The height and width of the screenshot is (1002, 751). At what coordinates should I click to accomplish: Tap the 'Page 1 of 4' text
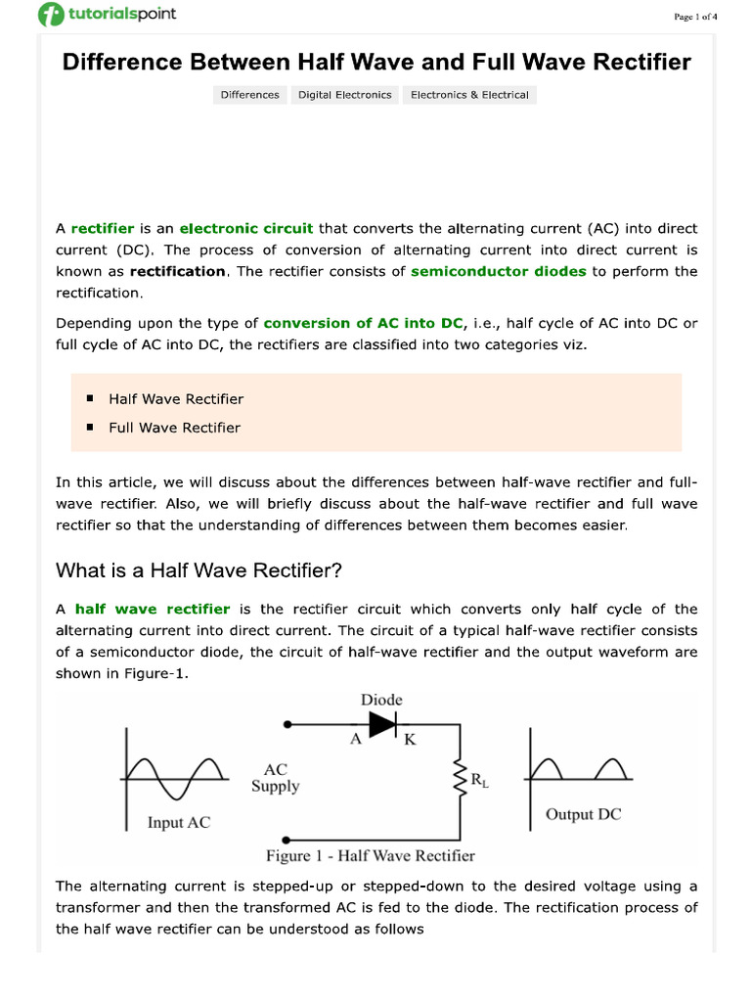pyautogui.click(x=695, y=16)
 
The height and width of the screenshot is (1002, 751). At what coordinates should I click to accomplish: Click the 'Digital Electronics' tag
pyautogui.click(x=344, y=95)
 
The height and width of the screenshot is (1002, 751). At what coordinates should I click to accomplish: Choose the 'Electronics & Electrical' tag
pyautogui.click(x=469, y=95)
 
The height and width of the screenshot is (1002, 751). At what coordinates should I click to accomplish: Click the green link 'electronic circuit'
pyautogui.click(x=246, y=228)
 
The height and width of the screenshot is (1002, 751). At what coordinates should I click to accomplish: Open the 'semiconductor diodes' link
pyautogui.click(x=499, y=271)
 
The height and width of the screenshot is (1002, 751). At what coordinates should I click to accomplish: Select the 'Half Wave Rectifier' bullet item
pyautogui.click(x=176, y=399)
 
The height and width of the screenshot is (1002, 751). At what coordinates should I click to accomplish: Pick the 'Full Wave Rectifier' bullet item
pyautogui.click(x=174, y=428)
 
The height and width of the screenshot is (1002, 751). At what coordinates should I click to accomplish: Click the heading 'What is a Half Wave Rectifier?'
pyautogui.click(x=199, y=570)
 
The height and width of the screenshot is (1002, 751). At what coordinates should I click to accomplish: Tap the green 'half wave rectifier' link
pyautogui.click(x=153, y=609)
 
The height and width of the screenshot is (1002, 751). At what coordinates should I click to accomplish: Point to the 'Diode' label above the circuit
pyautogui.click(x=381, y=700)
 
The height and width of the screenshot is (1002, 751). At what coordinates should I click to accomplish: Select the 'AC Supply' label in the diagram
pyautogui.click(x=275, y=778)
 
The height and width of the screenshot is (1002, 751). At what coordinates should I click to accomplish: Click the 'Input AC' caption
pyautogui.click(x=179, y=822)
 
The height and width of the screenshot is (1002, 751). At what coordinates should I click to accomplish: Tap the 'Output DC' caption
pyautogui.click(x=583, y=814)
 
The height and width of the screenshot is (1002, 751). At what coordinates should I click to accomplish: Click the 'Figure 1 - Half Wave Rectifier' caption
pyautogui.click(x=371, y=855)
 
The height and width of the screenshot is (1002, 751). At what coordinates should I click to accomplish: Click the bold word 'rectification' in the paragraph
pyautogui.click(x=177, y=271)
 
